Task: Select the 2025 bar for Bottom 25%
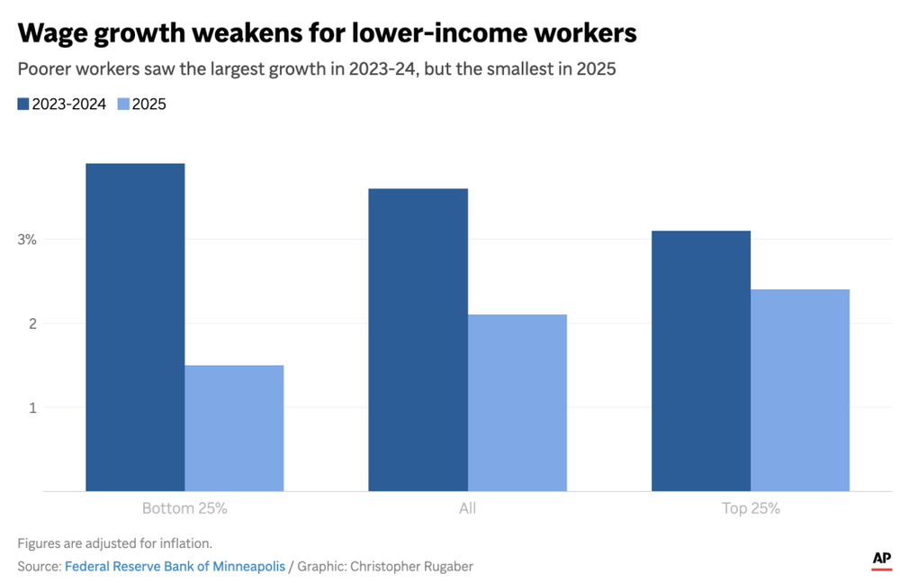tap(234, 428)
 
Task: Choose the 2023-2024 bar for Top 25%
tap(701, 360)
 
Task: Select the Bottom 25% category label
tap(184, 509)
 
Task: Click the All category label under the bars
tap(467, 509)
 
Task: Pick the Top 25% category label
tap(751, 509)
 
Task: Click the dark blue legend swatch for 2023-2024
tap(23, 105)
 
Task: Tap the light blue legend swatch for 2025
tap(123, 105)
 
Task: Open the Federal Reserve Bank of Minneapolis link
tap(175, 567)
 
